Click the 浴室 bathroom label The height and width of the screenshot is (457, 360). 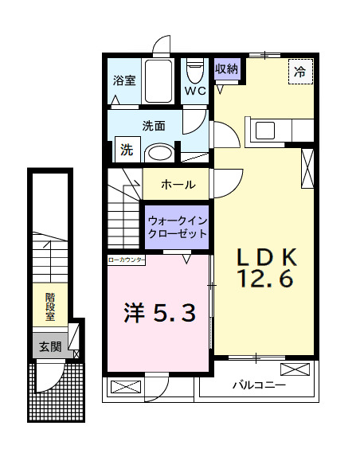(x=123, y=80)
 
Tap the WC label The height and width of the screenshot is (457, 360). (x=195, y=90)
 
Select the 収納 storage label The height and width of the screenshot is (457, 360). (x=227, y=68)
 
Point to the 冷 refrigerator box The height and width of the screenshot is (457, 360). (x=299, y=72)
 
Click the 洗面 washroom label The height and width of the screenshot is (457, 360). (x=154, y=125)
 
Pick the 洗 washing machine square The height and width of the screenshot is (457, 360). (x=127, y=148)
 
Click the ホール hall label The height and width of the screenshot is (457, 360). (x=178, y=185)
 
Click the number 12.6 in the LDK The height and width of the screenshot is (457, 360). (x=264, y=279)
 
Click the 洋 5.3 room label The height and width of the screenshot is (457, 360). (x=158, y=313)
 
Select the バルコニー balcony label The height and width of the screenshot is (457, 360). (x=259, y=386)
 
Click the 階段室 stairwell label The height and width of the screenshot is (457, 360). (x=49, y=307)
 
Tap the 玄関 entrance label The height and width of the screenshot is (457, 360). (x=49, y=346)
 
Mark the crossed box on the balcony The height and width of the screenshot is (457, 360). (x=296, y=369)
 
